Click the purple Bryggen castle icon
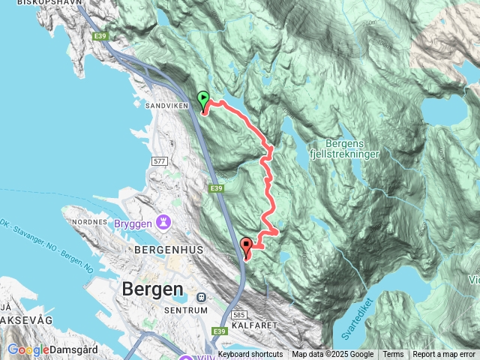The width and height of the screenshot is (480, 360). [164, 223]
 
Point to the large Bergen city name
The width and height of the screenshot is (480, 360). [151, 289]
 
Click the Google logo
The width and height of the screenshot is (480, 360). [28, 349]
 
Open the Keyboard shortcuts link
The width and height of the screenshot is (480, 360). [250, 355]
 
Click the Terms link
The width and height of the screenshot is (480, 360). [393, 355]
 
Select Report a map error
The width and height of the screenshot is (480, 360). [444, 355]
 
